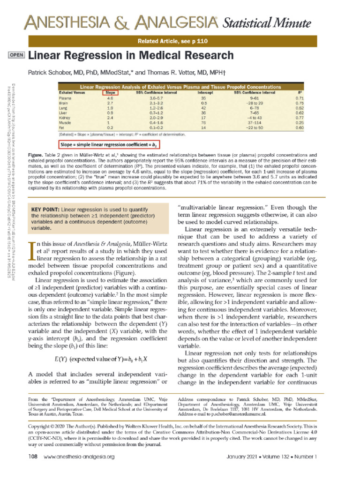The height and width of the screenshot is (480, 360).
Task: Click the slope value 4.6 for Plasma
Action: pos(110,98)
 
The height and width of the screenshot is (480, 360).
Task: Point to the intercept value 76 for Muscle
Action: pos(204,123)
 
